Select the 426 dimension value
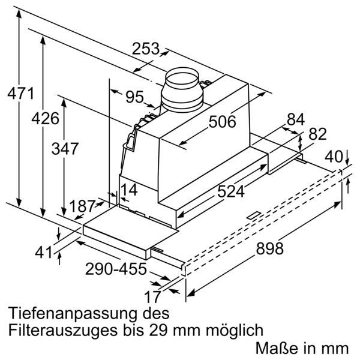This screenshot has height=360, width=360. [x=46, y=119]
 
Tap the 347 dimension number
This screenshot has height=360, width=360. [x=65, y=149]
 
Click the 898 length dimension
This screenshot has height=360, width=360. [x=266, y=248]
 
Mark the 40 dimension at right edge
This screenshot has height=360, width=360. [x=334, y=158]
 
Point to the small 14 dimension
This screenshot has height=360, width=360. [x=129, y=191]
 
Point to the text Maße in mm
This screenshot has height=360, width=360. [x=301, y=347]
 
